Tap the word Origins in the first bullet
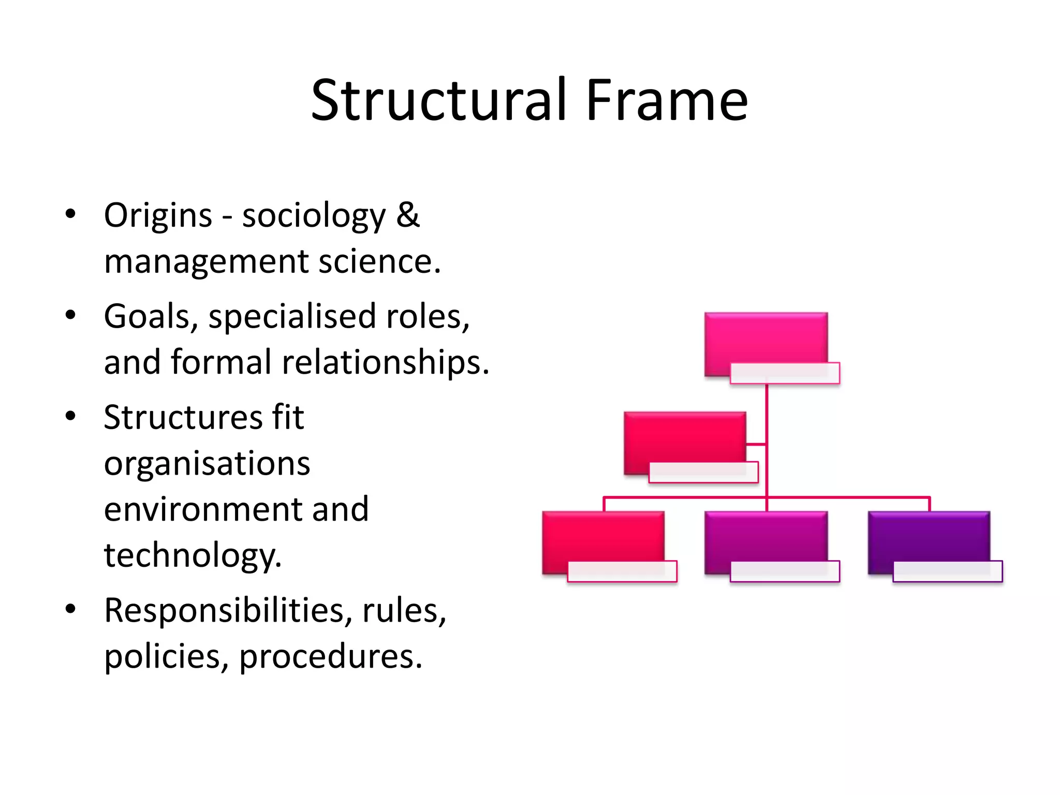pyautogui.click(x=158, y=215)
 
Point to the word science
pyautogui.click(x=379, y=261)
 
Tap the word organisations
pyautogui.click(x=207, y=463)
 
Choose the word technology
pyautogui.click(x=193, y=555)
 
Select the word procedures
pyautogui.click(x=331, y=657)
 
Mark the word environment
pyautogui.click(x=201, y=509)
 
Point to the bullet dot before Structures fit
pyautogui.click(x=71, y=416)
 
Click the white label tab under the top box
pyautogui.click(x=785, y=374)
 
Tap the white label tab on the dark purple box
pyautogui.click(x=947, y=571)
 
